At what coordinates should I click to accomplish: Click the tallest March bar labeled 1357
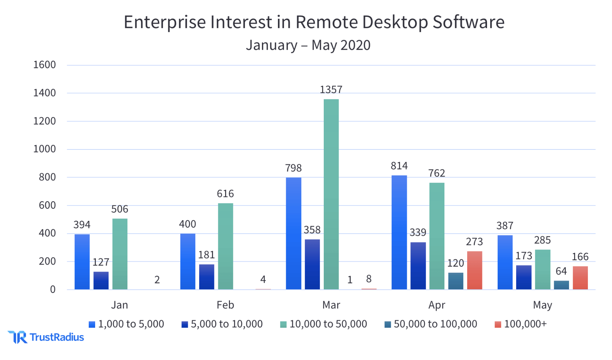tap(331, 194)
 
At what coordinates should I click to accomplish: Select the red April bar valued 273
tap(474, 270)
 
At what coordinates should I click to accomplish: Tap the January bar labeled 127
tap(101, 280)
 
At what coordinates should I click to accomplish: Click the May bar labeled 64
tap(561, 285)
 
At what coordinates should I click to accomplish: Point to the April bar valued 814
tap(399, 232)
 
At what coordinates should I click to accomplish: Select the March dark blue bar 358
tap(312, 264)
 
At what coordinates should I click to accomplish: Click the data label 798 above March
tap(293, 168)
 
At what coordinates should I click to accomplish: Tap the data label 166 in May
tap(580, 256)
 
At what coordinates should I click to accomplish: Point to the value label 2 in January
tap(157, 280)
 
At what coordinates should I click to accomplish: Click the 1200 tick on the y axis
tap(44, 121)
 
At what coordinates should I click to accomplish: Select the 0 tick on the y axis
tap(53, 290)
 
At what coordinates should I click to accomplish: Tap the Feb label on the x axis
tap(225, 305)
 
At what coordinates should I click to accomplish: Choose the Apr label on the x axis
tap(436, 305)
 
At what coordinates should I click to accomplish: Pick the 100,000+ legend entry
tap(521, 324)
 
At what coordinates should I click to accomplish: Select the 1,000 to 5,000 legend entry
tap(126, 324)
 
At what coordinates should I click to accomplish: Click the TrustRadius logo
tap(46, 337)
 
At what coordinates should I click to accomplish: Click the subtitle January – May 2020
tap(308, 45)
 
